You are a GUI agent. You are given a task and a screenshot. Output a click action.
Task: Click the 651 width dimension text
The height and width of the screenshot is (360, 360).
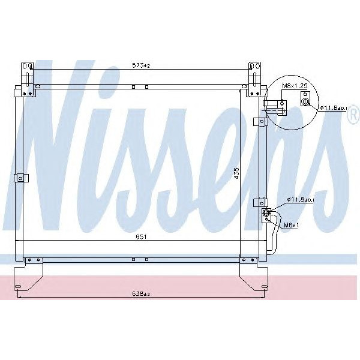pyautogui.click(x=141, y=237)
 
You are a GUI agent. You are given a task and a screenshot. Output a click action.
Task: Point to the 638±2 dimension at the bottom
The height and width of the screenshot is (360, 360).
pyautogui.click(x=141, y=294)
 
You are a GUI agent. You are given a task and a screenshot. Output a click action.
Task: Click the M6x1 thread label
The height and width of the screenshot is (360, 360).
pyautogui.click(x=291, y=225)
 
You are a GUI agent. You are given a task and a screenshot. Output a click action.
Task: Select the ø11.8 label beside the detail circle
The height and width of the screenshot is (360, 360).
pyautogui.click(x=333, y=108)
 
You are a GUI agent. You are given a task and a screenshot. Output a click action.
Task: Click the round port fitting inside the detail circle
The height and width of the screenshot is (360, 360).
pyautogui.click(x=305, y=102)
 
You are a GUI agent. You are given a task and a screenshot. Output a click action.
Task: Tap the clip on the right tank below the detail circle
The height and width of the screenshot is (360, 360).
pyautogui.click(x=259, y=122)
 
